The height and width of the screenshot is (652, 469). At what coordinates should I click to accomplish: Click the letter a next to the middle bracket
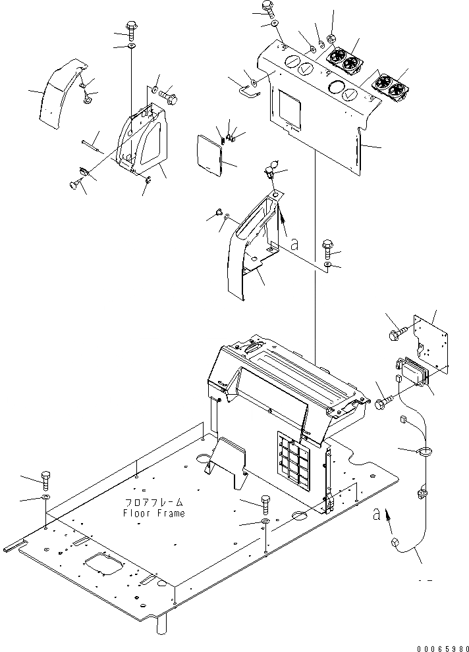point(294,244)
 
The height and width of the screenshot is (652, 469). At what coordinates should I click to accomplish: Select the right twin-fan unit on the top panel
point(391,86)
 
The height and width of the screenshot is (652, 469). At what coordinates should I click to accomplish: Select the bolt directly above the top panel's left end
point(268,7)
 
